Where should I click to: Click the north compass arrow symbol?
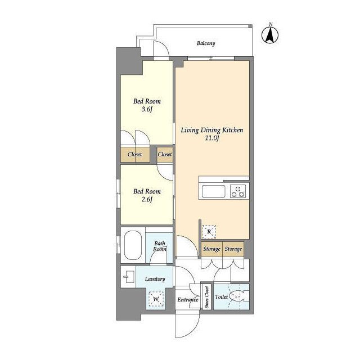270,35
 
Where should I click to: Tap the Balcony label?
206,43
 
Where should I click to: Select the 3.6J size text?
147,109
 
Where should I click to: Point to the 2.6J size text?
147,199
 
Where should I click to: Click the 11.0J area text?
212,138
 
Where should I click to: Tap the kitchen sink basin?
213,191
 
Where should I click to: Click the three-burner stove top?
238,191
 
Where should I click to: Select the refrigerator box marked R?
209,232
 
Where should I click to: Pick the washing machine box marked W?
156,299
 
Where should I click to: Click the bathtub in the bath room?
133,245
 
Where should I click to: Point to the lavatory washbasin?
129,277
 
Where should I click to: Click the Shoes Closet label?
207,297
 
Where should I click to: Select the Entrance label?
188,300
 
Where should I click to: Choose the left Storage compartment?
211,249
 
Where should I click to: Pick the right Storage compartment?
233,249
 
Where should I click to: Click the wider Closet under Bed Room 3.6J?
135,154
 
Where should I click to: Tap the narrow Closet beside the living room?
165,154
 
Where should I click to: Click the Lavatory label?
155,279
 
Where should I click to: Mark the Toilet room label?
221,296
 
